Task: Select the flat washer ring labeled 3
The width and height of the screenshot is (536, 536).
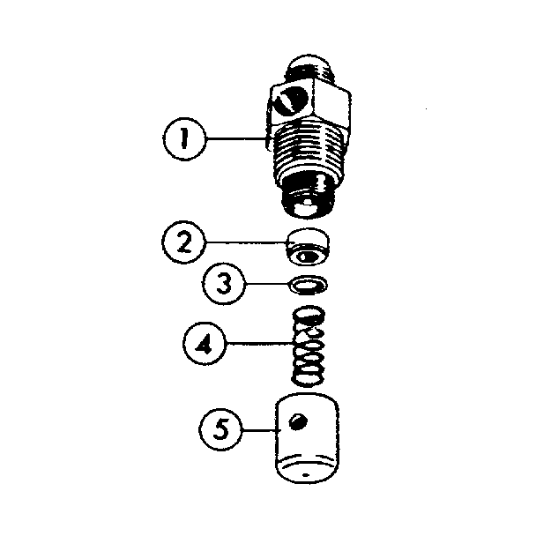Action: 309,285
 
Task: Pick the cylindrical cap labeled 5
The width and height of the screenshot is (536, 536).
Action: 308,441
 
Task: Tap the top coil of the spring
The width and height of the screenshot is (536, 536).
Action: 306,315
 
